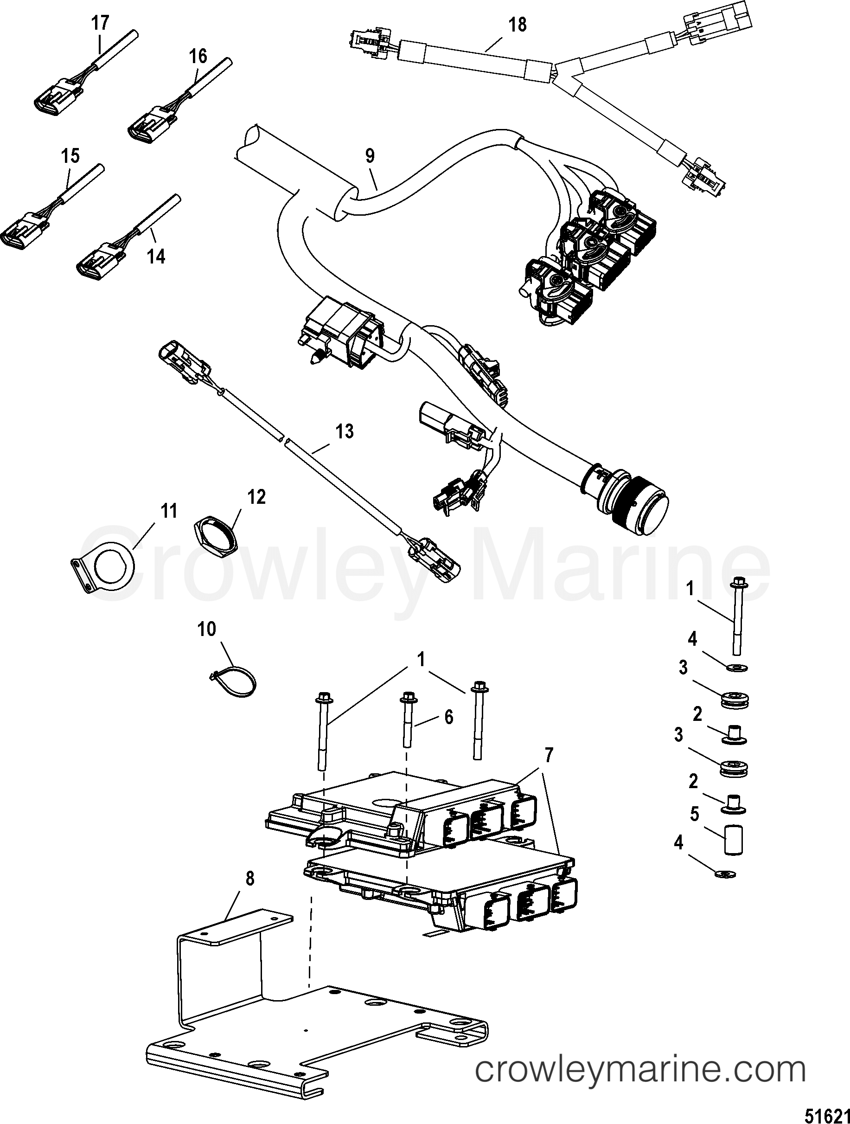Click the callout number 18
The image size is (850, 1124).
(517, 25)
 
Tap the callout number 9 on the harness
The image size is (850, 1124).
(370, 155)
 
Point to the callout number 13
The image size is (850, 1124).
(345, 432)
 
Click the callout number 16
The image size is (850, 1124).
(198, 56)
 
